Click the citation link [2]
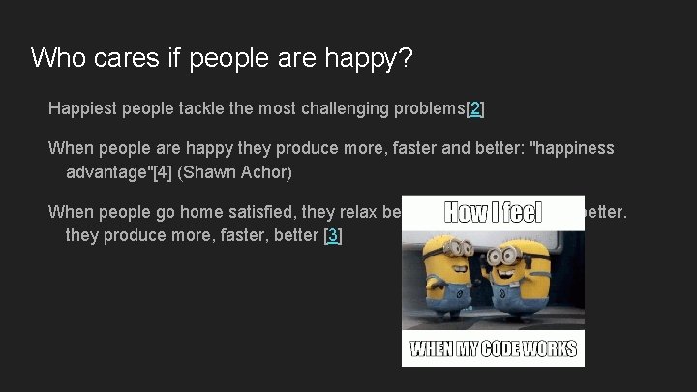(x=474, y=108)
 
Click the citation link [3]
(x=332, y=235)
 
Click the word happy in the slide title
(x=372, y=58)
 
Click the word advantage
(x=106, y=173)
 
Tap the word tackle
(x=201, y=108)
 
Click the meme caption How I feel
(x=494, y=212)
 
